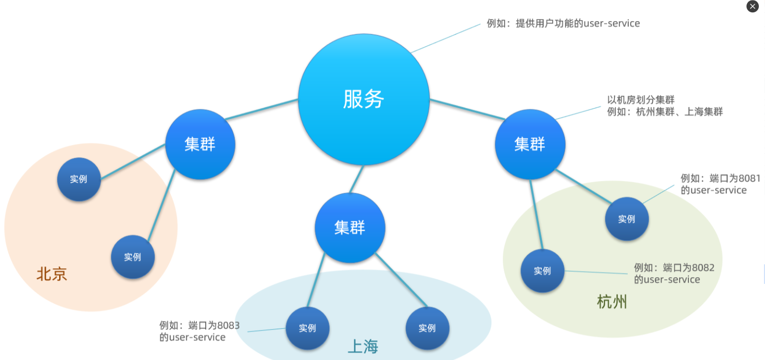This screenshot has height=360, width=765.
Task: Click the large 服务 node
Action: tap(363, 99)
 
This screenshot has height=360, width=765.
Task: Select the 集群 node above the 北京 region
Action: tap(200, 145)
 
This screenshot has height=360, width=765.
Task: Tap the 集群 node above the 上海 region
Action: tap(350, 228)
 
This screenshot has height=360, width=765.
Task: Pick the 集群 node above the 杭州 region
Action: tap(530, 145)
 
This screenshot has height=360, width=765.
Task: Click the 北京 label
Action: tap(51, 274)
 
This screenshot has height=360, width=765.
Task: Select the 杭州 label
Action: tap(612, 302)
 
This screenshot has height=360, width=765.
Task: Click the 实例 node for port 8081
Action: tap(627, 219)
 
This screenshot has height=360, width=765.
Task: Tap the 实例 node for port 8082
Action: tap(542, 271)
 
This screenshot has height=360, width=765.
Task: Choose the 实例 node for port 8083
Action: tap(307, 328)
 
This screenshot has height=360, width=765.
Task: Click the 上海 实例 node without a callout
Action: tap(427, 328)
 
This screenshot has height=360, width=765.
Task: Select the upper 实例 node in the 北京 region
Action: tap(79, 179)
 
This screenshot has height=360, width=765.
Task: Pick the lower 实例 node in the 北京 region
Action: tap(133, 257)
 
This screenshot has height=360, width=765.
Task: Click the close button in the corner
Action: tap(752, 7)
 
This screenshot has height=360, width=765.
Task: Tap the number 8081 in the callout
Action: tap(749, 178)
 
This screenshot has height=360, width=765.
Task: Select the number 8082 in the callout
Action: tap(703, 268)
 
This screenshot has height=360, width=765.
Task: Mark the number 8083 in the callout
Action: tap(228, 326)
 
